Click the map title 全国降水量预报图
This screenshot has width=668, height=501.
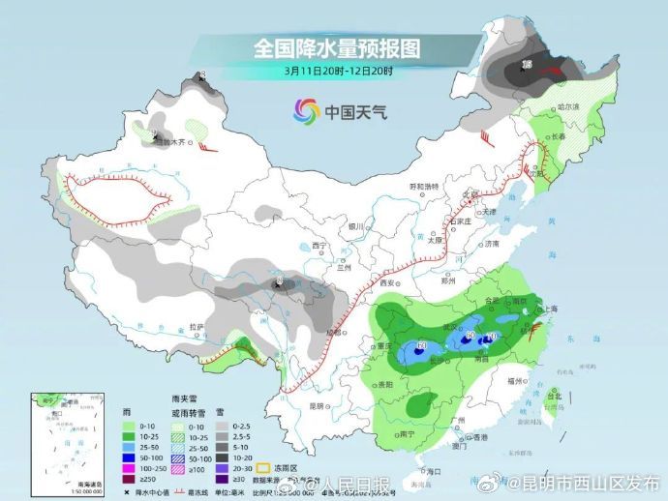(x=333, y=46)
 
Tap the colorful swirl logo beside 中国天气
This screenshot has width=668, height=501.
(x=306, y=110)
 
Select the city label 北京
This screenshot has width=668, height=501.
(x=470, y=194)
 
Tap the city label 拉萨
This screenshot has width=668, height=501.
(x=197, y=328)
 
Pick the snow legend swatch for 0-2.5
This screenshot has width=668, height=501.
(x=222, y=426)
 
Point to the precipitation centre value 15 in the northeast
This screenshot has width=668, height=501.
(x=527, y=65)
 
